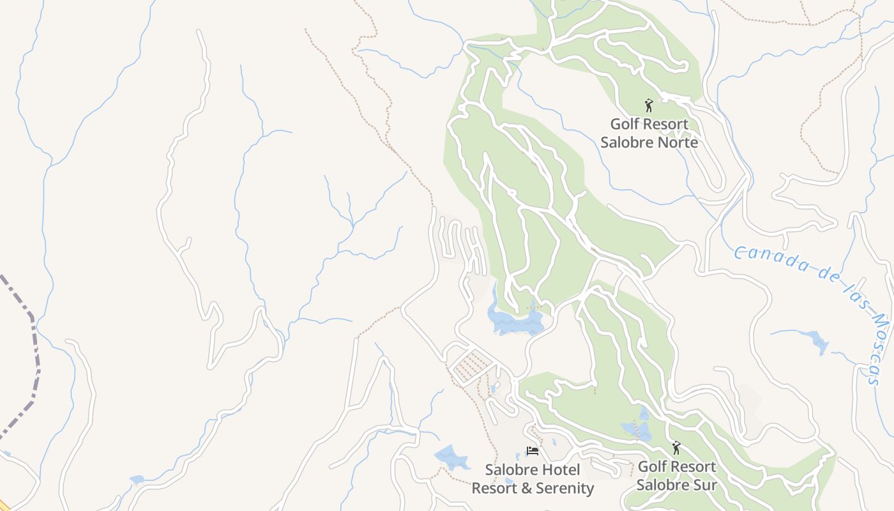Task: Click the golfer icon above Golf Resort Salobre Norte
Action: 649,105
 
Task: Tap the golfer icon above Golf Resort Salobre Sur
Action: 676,448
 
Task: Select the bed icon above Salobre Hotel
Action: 532,451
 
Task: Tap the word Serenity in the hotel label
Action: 563,489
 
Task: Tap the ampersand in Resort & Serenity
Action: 523,489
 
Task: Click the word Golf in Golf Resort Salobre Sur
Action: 651,466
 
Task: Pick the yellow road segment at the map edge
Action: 4,506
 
